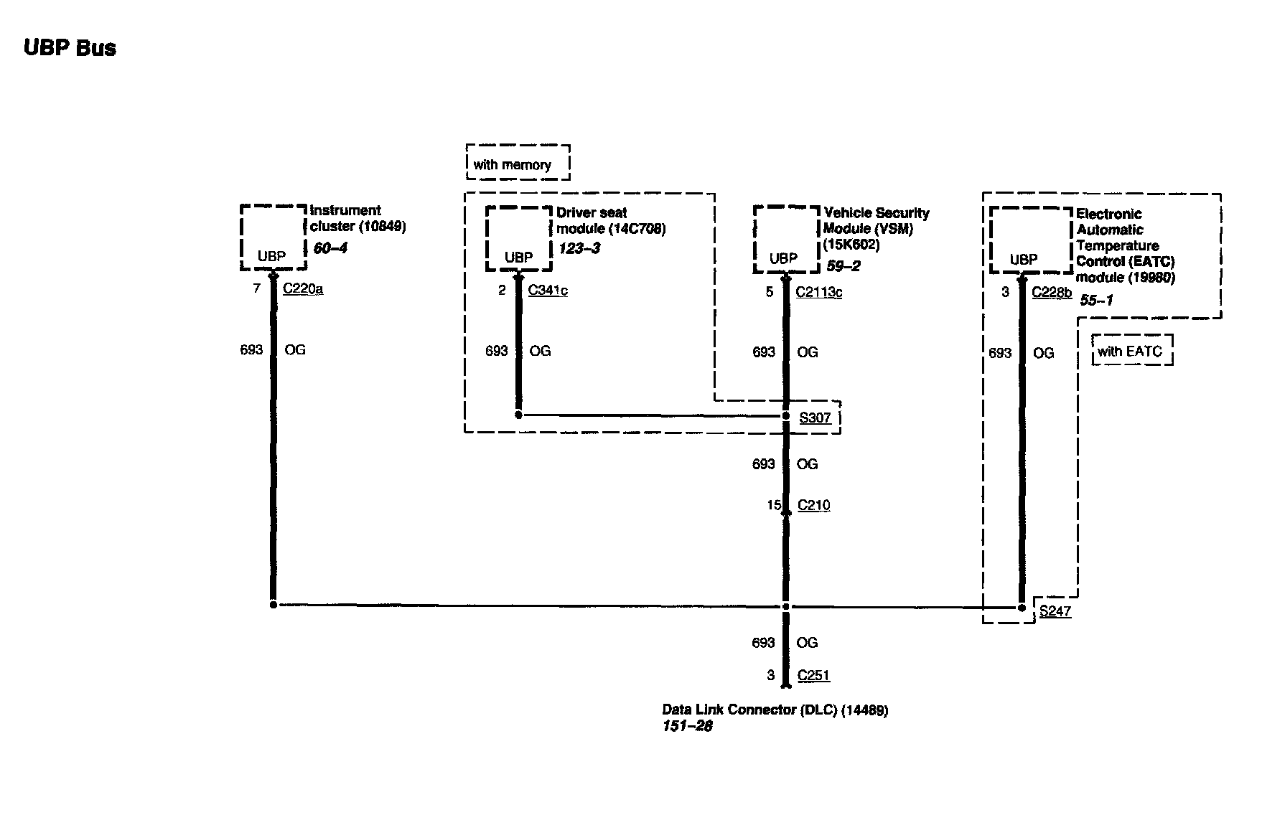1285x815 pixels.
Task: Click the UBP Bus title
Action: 70,48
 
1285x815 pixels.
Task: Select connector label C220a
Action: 303,289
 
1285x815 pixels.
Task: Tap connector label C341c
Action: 548,290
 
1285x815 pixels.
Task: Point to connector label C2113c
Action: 819,292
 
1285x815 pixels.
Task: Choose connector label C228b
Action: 1052,292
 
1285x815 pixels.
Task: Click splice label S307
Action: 815,418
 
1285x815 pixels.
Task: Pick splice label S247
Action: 1055,611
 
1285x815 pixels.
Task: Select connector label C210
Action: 813,505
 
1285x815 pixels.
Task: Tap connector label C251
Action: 813,675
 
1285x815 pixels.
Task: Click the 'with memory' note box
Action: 518,163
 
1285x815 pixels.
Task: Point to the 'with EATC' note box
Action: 1132,351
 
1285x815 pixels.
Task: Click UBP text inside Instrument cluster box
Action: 271,256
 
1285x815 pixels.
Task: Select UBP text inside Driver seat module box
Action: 518,258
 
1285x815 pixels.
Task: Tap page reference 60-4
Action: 331,248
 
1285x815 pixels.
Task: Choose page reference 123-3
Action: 579,249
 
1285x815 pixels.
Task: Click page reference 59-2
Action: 844,266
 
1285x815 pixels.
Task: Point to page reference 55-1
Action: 1096,301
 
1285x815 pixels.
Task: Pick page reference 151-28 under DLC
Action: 687,726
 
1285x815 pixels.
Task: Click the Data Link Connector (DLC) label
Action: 775,710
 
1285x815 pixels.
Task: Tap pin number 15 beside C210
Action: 773,505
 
